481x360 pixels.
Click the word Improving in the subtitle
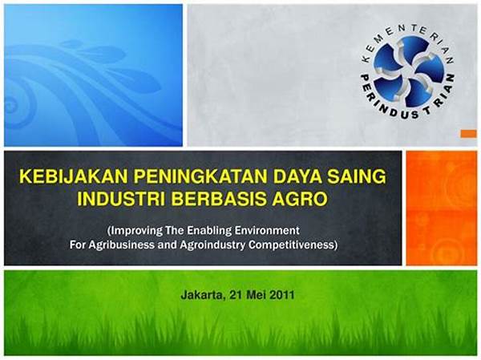pos(135,231)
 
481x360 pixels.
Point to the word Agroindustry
pos(212,245)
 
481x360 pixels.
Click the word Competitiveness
pos(293,245)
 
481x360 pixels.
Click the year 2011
pos(282,295)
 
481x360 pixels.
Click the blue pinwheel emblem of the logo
pos(407,71)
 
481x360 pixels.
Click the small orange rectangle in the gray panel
pos(468,134)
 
